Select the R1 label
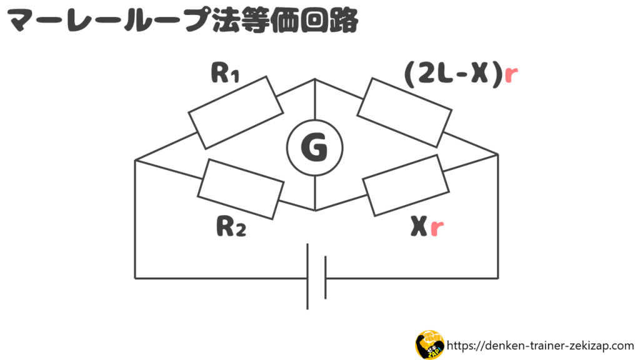click(x=225, y=73)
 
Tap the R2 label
click(x=231, y=227)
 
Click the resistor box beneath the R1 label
click(x=236, y=112)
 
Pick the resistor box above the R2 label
click(x=241, y=189)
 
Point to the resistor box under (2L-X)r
click(x=404, y=112)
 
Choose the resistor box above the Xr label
click(x=406, y=185)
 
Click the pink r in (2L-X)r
click(x=511, y=75)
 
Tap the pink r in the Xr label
click(x=437, y=228)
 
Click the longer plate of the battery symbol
click(x=307, y=276)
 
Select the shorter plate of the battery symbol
click(x=325, y=277)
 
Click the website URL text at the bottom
click(x=541, y=346)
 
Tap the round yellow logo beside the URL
click(x=429, y=345)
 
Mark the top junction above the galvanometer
click(x=315, y=79)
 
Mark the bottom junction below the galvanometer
click(x=315, y=211)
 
